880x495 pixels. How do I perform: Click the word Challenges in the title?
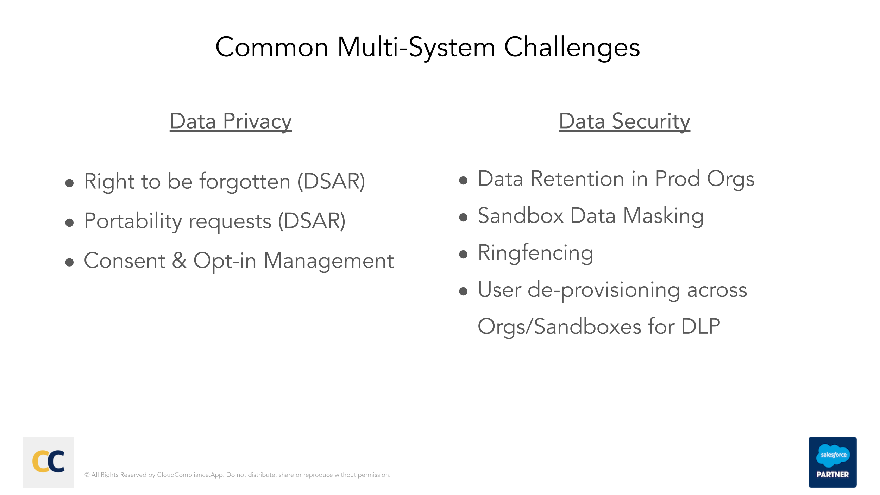click(572, 48)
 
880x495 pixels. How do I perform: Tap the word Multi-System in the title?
click(416, 48)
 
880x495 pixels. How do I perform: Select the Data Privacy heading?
click(231, 121)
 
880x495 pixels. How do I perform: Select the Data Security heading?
click(624, 121)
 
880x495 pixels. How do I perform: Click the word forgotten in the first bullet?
click(245, 182)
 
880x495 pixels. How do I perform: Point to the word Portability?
click(133, 221)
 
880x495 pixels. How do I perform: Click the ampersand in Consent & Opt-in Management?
click(179, 261)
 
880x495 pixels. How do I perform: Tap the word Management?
click(328, 261)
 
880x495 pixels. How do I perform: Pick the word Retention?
click(589, 179)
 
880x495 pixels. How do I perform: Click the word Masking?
click(663, 216)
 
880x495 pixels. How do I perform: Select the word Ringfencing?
click(535, 253)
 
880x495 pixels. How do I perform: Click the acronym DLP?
click(700, 327)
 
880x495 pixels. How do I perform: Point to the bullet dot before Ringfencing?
click(463, 254)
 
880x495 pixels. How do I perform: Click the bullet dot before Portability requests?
click(69, 223)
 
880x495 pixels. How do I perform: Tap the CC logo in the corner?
click(49, 462)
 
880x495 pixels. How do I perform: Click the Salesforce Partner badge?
click(832, 462)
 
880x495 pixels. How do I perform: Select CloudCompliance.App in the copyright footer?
click(190, 475)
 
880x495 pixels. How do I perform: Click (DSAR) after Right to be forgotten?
click(331, 182)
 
